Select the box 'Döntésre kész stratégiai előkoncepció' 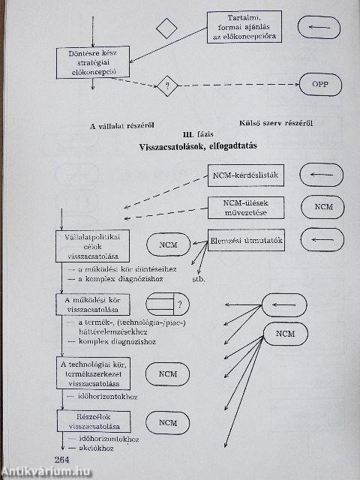coord(93,64)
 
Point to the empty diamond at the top coord(166,28)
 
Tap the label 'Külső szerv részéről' coord(276,123)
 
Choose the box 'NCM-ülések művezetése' coord(243,207)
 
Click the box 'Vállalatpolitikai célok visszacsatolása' coord(93,244)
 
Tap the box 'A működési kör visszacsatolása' coord(93,305)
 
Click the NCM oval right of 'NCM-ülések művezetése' coord(322,207)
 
